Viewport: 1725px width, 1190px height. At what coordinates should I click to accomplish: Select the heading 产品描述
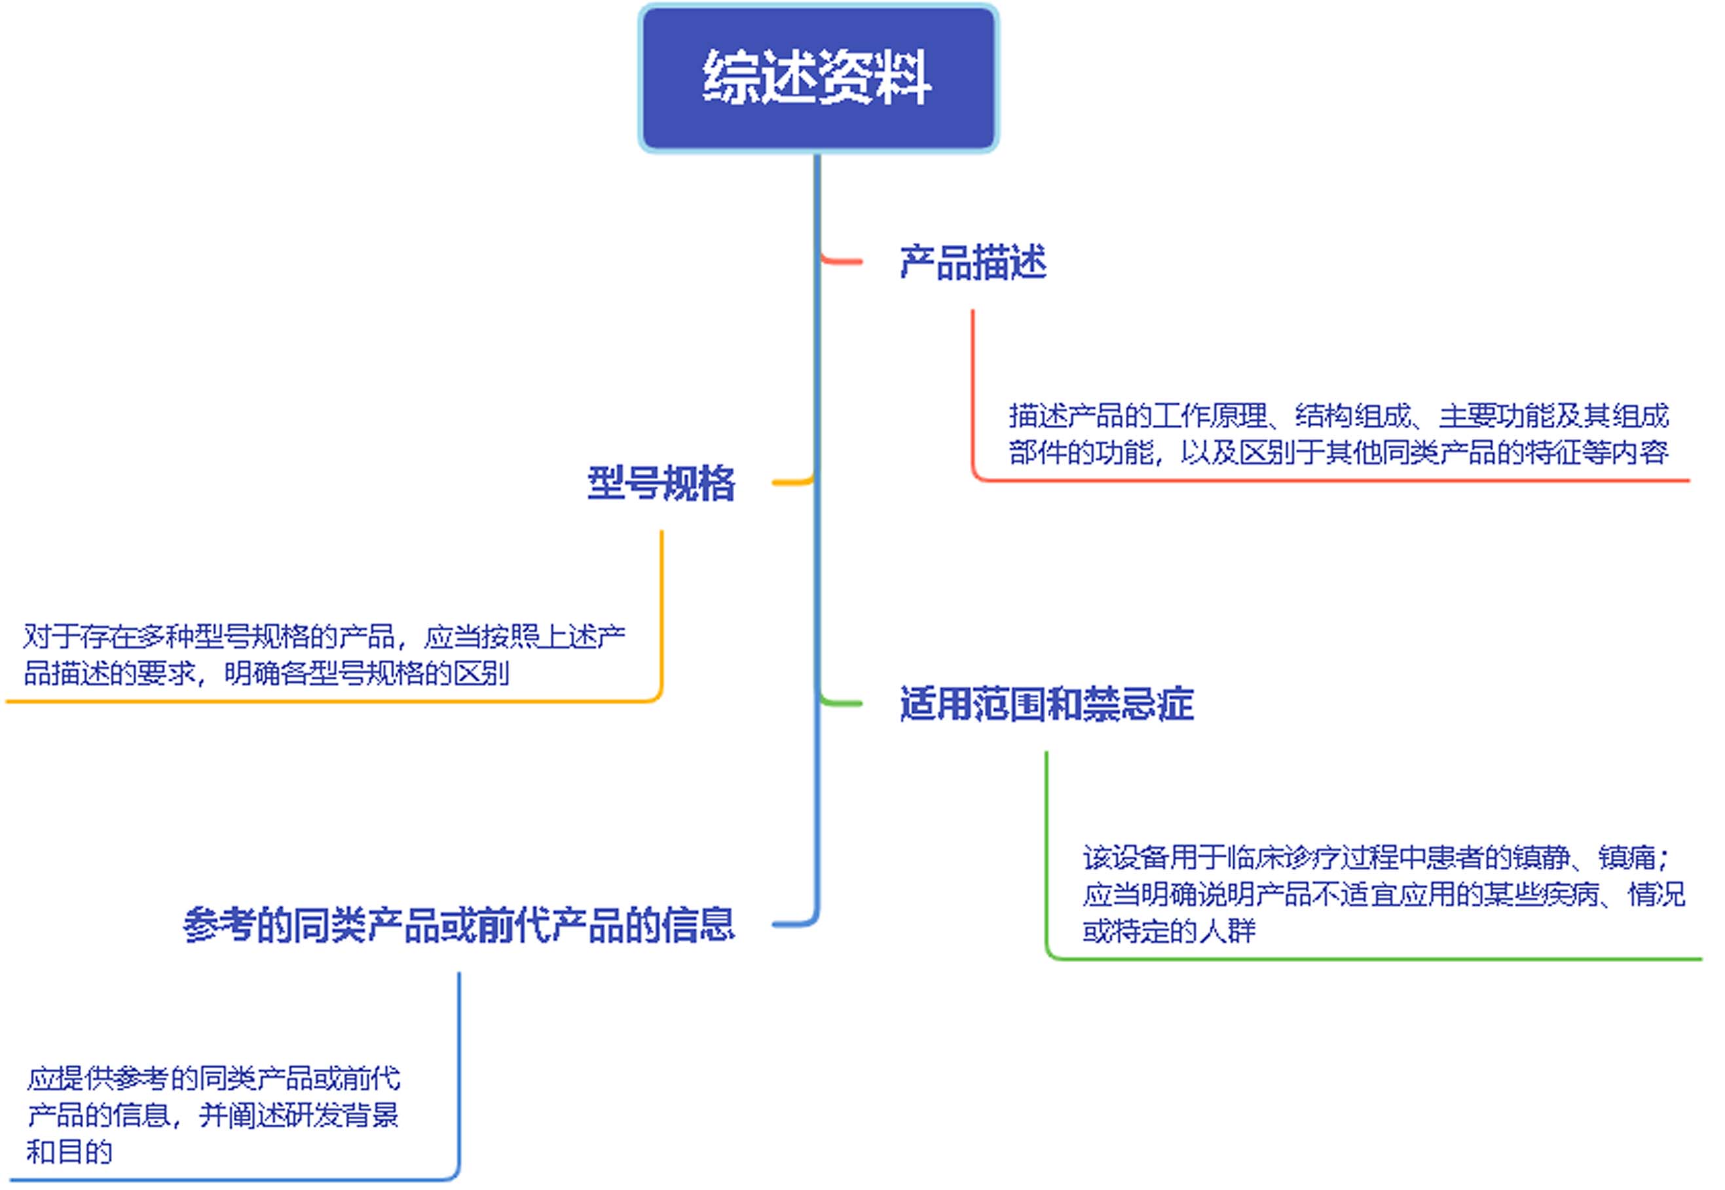click(x=973, y=262)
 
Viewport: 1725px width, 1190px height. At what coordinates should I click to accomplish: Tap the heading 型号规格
click(x=661, y=483)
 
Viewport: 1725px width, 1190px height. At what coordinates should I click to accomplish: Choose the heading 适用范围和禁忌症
click(x=1047, y=704)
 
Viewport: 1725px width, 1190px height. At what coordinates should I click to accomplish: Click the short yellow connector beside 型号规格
click(x=792, y=482)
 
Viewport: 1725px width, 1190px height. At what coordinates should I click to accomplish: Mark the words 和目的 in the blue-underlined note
click(x=69, y=1152)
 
